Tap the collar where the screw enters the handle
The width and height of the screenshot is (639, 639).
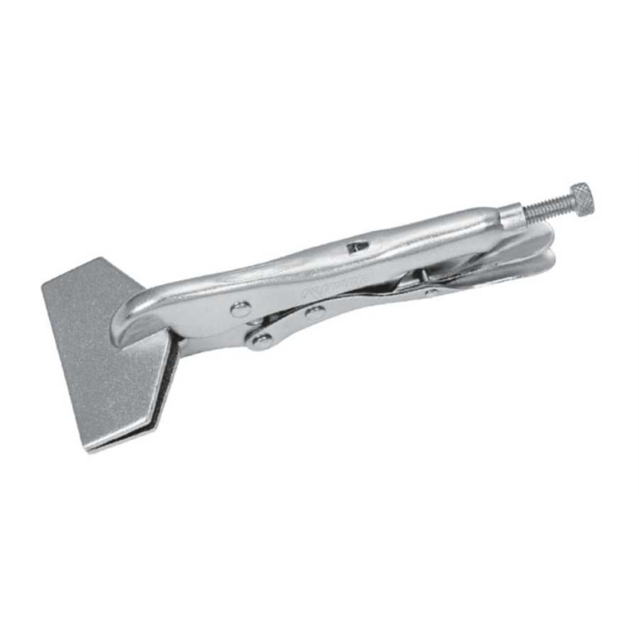coord(511,215)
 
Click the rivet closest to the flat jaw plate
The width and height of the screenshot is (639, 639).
coord(238,309)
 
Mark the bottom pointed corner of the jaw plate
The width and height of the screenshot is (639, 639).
coord(89,450)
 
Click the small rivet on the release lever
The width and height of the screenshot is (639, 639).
coord(432,292)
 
